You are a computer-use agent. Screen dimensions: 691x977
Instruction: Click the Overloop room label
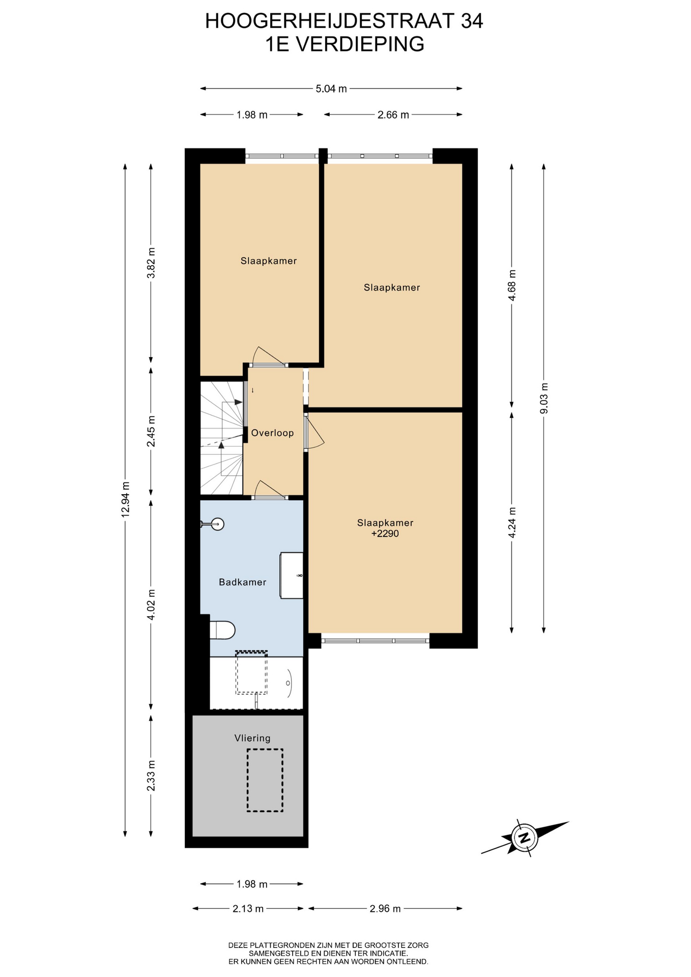click(x=272, y=433)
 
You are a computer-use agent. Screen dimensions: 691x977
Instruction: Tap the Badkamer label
click(x=243, y=582)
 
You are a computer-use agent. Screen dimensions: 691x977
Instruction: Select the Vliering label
click(x=252, y=738)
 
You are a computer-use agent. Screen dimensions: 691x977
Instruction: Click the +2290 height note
click(x=385, y=534)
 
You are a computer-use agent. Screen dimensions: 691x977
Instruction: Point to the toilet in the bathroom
click(x=222, y=630)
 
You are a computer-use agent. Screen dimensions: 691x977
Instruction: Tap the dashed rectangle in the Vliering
click(x=265, y=780)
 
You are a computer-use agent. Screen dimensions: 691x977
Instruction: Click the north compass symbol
click(x=524, y=837)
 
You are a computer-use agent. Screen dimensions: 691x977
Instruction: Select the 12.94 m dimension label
click(x=126, y=499)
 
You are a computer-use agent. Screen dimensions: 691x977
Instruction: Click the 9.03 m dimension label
click(x=544, y=398)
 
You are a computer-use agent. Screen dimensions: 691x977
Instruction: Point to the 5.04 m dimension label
click(x=331, y=89)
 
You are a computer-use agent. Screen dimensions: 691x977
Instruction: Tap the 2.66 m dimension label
click(x=393, y=115)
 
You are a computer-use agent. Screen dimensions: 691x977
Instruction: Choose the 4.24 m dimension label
click(x=512, y=523)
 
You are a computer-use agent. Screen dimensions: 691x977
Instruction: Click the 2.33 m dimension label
click(x=151, y=775)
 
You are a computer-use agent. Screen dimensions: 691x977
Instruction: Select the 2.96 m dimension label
click(x=385, y=908)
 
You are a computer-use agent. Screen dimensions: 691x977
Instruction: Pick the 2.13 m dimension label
click(x=248, y=908)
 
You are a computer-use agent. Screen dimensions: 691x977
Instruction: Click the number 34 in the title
click(x=472, y=21)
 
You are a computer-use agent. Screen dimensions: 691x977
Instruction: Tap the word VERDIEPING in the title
click(x=360, y=44)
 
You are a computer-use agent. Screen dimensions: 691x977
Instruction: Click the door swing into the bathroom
click(x=270, y=489)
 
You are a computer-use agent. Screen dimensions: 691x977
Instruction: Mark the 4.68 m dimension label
click(x=512, y=285)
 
